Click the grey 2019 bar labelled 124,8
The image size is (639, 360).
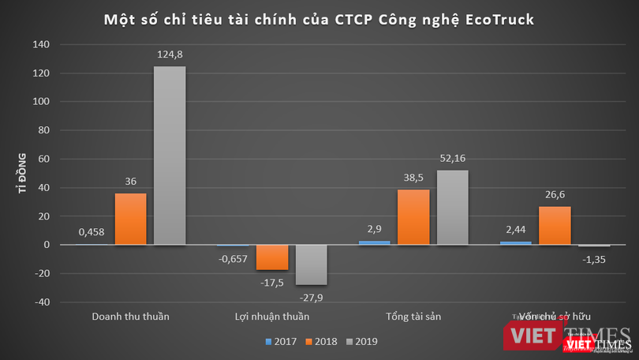coord(170,156)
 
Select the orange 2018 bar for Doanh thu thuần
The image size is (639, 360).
coord(130,219)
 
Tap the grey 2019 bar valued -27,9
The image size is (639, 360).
coord(311,264)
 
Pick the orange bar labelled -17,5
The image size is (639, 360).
coord(272,257)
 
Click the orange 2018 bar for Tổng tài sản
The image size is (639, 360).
coord(413,217)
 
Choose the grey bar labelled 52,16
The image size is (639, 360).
coord(452,208)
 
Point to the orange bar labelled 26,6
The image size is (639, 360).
coord(555,226)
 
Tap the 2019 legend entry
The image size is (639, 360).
coord(361,342)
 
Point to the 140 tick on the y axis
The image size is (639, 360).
coord(42,45)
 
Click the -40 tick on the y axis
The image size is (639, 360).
coord(42,302)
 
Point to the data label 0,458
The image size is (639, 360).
coord(92,233)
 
